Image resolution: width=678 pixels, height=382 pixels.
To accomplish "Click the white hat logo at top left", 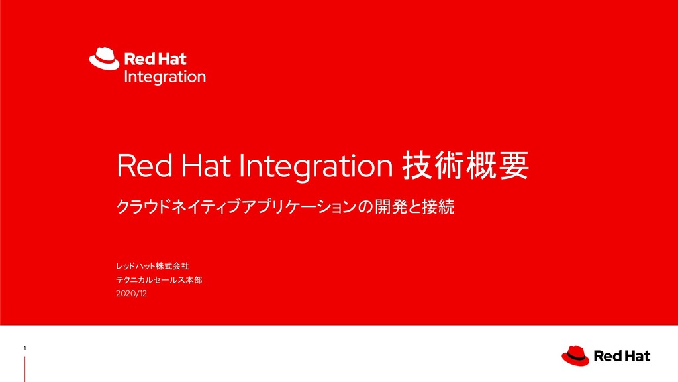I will pyautogui.click(x=105, y=58).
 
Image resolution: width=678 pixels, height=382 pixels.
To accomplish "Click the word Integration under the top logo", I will pyautogui.click(x=165, y=77).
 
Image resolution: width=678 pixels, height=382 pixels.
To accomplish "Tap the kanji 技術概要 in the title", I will pyautogui.click(x=465, y=166).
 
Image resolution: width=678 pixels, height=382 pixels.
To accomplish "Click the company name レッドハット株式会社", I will pyautogui.click(x=153, y=267).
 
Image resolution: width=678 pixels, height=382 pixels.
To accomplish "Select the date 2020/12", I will pyautogui.click(x=131, y=293).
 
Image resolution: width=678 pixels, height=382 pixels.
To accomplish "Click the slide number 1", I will pyautogui.click(x=24, y=349).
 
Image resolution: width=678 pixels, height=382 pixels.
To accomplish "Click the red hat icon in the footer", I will pyautogui.click(x=575, y=355).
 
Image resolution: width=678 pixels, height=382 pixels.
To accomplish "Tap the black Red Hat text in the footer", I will pyautogui.click(x=622, y=357).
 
